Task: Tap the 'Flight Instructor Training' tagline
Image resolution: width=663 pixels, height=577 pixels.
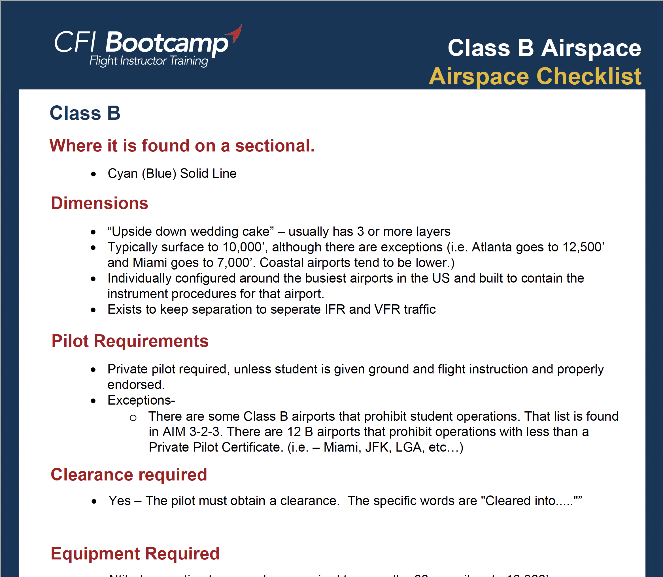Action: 148,61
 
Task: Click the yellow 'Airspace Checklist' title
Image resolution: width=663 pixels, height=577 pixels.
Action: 535,76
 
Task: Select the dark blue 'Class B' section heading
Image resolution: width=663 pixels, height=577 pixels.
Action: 85,113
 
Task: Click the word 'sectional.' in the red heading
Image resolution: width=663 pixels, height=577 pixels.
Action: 275,146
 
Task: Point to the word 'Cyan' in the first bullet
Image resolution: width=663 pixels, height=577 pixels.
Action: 122,174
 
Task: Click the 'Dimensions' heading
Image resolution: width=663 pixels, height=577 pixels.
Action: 99,203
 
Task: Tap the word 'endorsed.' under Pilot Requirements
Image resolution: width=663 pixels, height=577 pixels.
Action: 136,385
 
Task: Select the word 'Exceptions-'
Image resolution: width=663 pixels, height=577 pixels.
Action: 141,400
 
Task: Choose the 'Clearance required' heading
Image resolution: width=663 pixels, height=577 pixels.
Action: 129,475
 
